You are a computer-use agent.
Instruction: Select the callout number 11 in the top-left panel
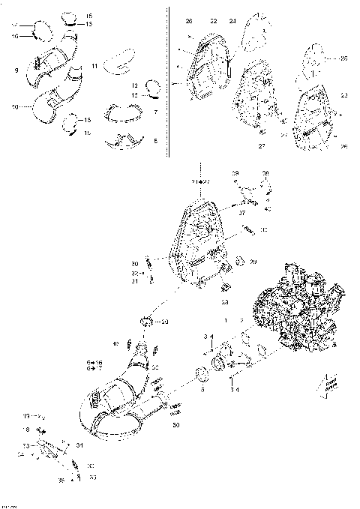click(x=95, y=67)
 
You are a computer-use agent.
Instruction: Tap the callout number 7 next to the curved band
click(x=154, y=112)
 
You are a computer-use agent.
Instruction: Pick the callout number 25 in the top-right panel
click(x=343, y=58)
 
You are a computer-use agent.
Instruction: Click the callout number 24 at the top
click(x=232, y=20)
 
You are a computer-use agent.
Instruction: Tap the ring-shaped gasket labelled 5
click(x=201, y=374)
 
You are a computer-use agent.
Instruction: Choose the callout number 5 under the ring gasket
click(x=201, y=391)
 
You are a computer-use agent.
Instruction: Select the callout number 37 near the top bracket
click(x=242, y=211)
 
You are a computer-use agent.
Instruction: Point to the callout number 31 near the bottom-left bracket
click(x=79, y=446)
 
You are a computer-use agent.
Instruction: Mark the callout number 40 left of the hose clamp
click(x=116, y=344)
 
